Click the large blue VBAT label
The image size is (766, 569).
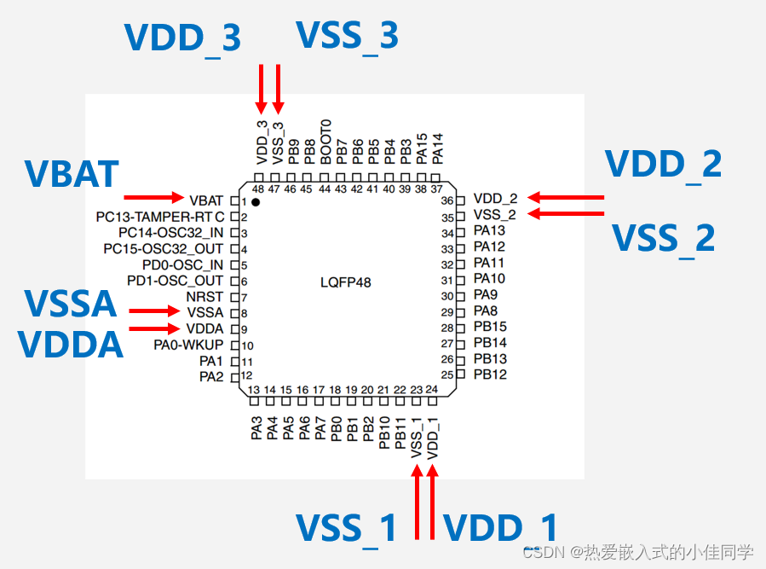click(x=72, y=174)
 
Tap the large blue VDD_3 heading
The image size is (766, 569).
click(x=182, y=38)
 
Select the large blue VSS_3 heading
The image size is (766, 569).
click(x=347, y=36)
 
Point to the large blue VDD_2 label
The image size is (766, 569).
click(x=663, y=164)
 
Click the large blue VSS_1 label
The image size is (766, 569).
click(x=346, y=528)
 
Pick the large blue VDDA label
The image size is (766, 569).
click(x=71, y=344)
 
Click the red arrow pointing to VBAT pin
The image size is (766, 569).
click(x=153, y=198)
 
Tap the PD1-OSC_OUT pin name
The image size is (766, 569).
click(x=175, y=281)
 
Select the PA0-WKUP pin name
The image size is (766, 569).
click(x=188, y=345)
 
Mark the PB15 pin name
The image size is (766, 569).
click(x=490, y=328)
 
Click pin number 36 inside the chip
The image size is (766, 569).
click(x=446, y=200)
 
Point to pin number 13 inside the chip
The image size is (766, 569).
click(x=254, y=390)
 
